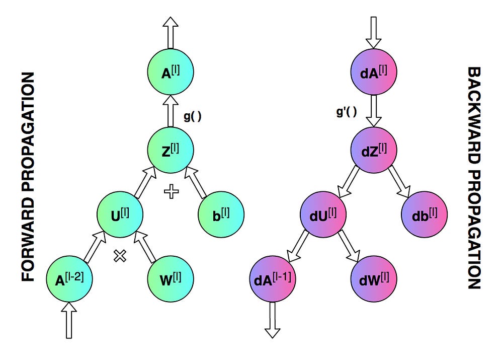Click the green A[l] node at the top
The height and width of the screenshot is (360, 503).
171,71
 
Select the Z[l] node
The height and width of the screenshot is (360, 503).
171,150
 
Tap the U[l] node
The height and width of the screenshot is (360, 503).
120,214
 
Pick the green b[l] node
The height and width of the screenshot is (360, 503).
221,214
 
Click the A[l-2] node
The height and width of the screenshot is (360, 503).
69,279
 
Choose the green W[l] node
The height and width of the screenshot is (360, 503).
171,279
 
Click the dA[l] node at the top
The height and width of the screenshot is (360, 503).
374,71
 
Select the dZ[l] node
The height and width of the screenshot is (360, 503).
374,150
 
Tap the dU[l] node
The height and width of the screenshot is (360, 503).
323,214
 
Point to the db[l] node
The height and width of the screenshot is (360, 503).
424,214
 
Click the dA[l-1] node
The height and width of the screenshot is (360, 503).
273,279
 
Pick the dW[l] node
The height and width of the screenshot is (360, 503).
374,279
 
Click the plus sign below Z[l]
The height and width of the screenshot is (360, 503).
172,191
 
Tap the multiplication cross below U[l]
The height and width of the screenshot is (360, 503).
120,256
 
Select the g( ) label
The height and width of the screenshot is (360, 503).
193,116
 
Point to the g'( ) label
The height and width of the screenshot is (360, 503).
347,112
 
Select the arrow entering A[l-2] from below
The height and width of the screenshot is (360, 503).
69,320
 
